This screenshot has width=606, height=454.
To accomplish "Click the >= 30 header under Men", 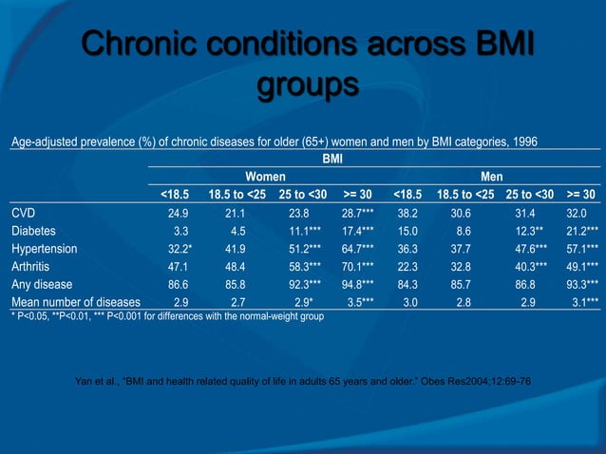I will (580, 195).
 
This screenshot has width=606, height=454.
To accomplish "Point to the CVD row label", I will (24, 213).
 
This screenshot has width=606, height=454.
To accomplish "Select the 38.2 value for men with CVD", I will (408, 213).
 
